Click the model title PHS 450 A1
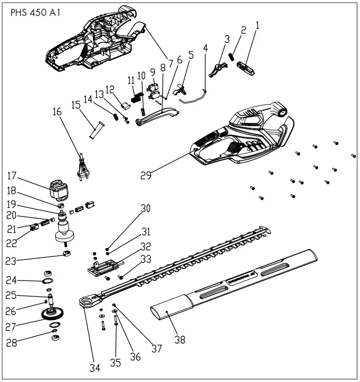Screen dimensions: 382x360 (x=35, y=13)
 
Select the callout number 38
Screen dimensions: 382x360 (x=179, y=340)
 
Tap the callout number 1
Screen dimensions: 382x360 (x=257, y=25)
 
